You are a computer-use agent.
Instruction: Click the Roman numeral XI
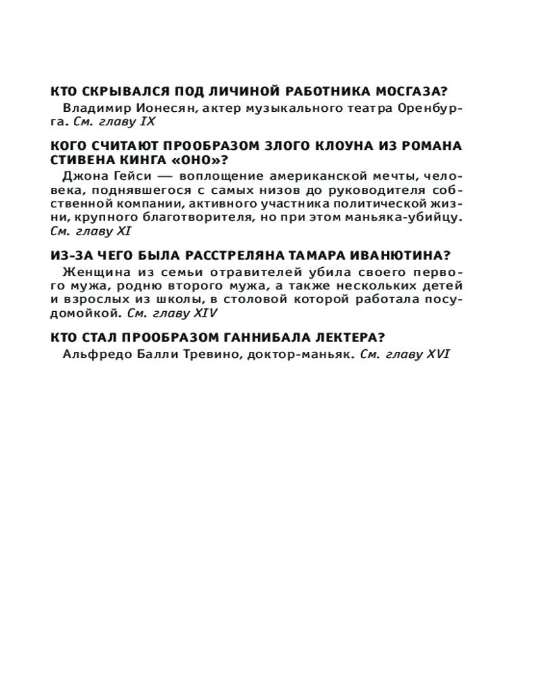pyautogui.click(x=122, y=230)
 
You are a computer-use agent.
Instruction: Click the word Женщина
pyautogui.click(x=89, y=271)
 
